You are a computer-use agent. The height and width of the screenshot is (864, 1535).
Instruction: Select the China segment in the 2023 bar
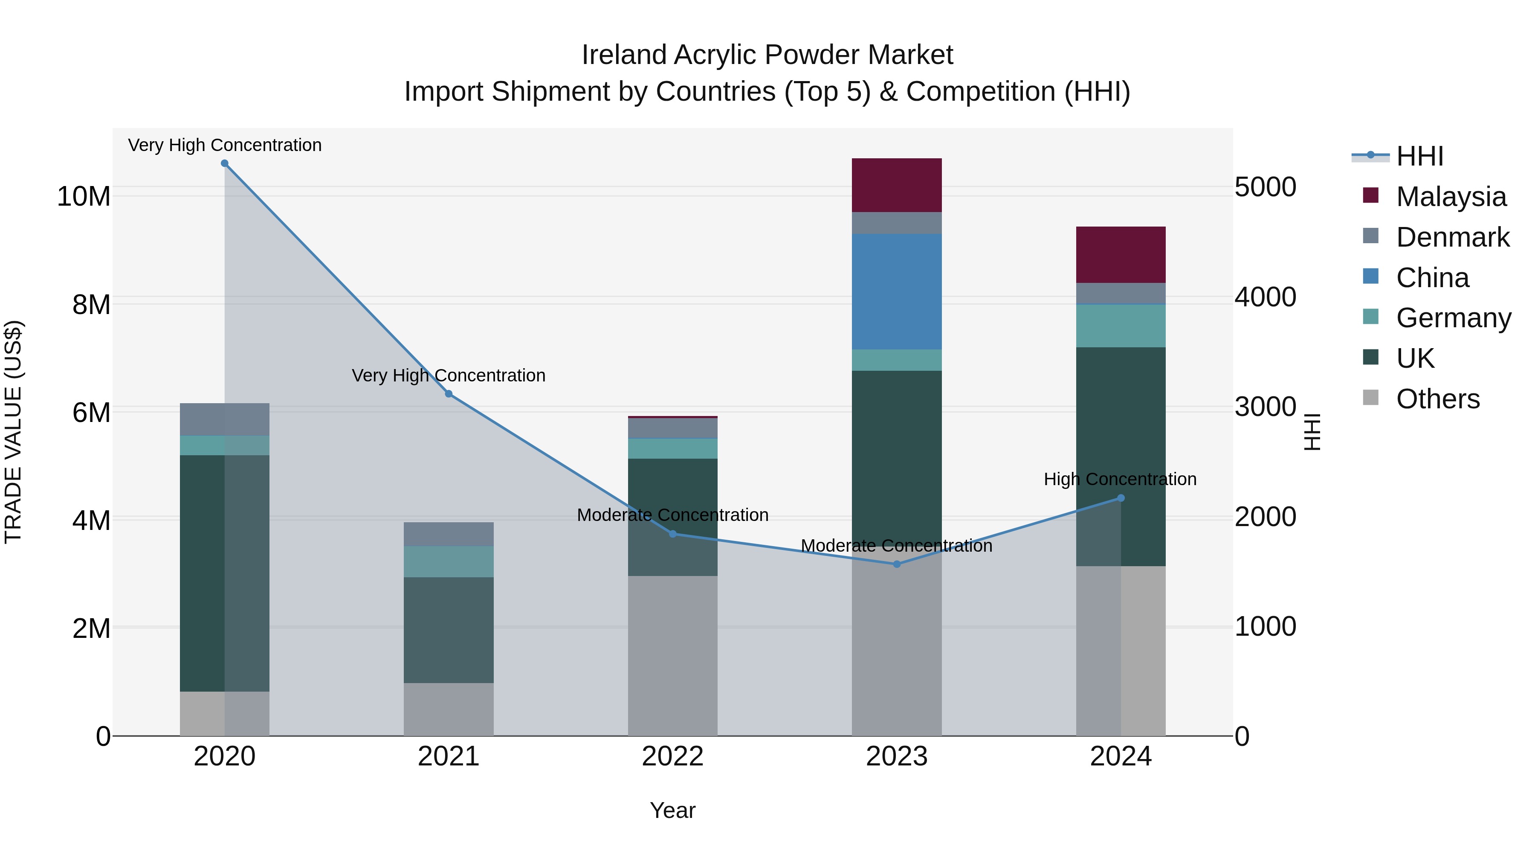coord(896,291)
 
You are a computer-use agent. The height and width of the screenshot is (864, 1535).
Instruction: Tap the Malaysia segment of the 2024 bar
coord(1120,255)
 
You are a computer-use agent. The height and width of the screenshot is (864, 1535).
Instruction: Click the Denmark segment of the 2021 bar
coord(448,534)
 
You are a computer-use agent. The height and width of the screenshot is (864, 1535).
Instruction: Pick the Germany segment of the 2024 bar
coord(1120,326)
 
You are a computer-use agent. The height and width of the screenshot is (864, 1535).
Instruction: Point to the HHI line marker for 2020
coord(225,163)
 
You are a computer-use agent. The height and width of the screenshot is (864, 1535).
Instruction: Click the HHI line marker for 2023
coord(897,564)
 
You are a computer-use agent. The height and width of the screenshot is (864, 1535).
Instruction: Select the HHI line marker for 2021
coord(449,393)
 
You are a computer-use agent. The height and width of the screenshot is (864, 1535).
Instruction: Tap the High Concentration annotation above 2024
coord(1120,480)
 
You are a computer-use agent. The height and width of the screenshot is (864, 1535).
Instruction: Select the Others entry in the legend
coord(1437,399)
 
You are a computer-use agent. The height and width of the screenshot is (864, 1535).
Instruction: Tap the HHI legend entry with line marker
coord(1419,156)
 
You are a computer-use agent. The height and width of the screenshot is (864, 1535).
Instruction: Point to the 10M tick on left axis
coord(84,197)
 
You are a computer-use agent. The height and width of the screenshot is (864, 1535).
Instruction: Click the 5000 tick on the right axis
coord(1265,187)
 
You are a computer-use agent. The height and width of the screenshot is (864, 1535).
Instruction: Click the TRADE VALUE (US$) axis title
coord(13,432)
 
